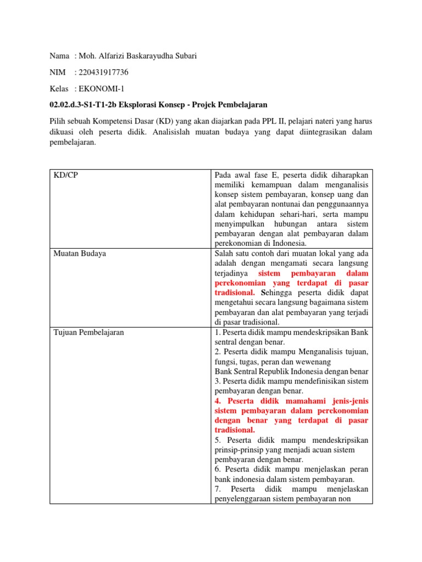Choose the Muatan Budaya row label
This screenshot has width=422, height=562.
[80, 253]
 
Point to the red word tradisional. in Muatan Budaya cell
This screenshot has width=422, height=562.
[231, 293]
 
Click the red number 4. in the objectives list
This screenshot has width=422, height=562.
[218, 401]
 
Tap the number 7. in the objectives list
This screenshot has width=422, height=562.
[218, 488]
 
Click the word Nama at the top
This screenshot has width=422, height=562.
[59, 56]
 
